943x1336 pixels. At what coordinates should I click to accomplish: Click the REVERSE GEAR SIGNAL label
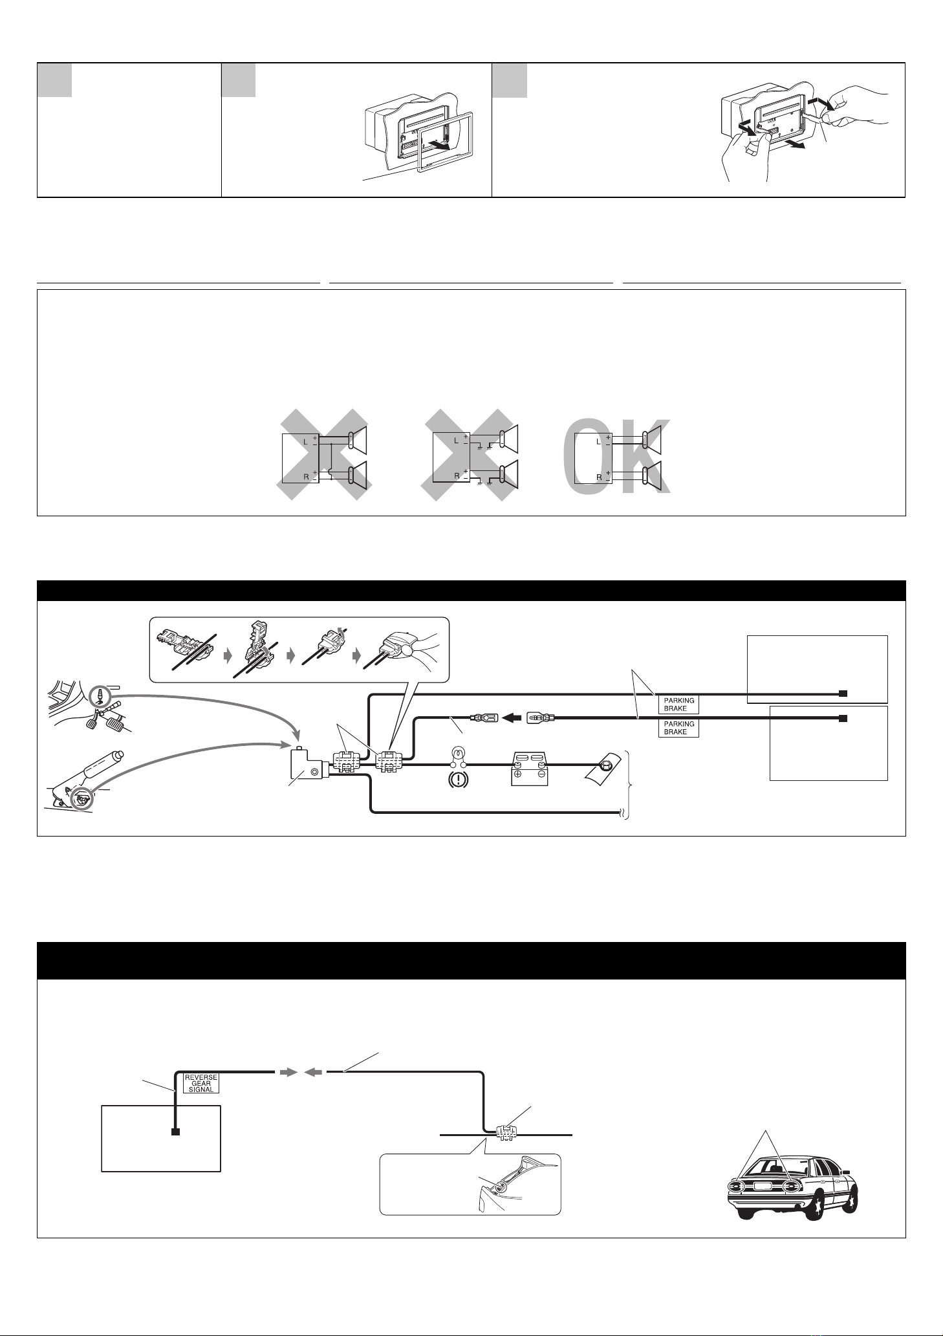[201, 1083]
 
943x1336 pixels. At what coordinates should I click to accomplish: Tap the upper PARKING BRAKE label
[678, 704]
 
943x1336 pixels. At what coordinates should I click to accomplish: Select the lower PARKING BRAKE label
[678, 728]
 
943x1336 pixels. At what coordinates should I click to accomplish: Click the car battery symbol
[529, 769]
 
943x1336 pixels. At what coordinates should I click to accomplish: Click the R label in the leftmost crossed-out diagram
[307, 477]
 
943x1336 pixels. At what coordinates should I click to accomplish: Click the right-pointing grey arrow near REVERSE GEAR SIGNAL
[288, 1073]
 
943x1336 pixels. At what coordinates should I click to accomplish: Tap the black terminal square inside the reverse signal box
[175, 1132]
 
